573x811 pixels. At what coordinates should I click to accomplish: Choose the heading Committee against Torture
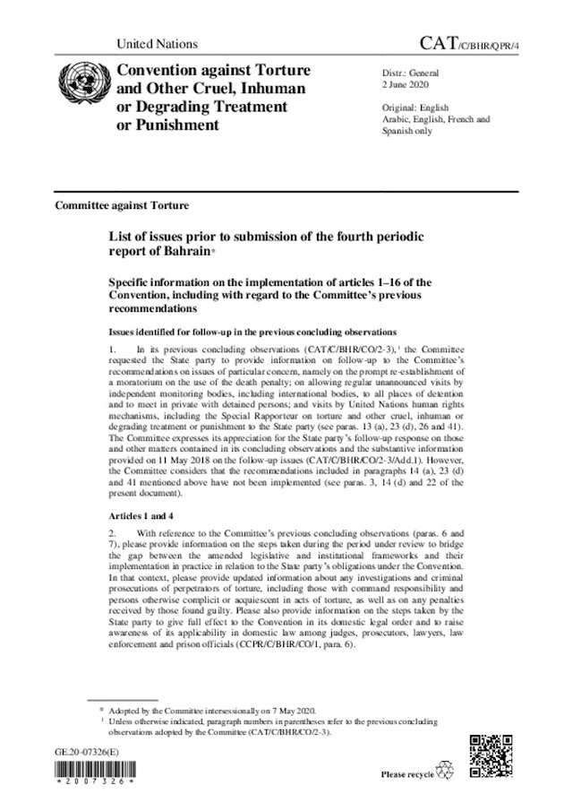(x=122, y=204)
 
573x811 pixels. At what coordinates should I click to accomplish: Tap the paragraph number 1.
(x=112, y=345)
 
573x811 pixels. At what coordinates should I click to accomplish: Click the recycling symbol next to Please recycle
(x=443, y=771)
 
